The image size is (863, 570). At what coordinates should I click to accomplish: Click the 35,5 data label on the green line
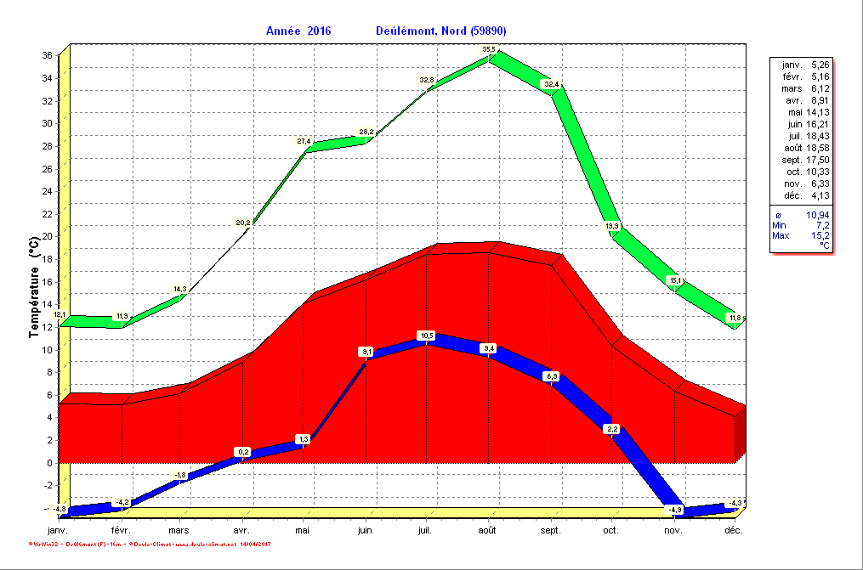(488, 50)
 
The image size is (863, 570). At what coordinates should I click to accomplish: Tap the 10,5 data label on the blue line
(427, 336)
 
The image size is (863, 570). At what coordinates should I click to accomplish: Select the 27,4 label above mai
(304, 141)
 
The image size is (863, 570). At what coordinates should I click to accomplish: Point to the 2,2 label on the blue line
(611, 429)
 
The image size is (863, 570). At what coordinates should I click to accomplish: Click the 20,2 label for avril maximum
(243, 223)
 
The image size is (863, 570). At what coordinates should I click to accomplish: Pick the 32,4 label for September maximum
(551, 84)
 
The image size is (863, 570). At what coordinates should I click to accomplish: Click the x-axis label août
(487, 531)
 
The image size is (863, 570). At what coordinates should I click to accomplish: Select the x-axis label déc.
(734, 531)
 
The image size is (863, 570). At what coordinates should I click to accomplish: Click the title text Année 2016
(298, 31)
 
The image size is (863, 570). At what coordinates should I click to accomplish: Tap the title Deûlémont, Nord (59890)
(440, 31)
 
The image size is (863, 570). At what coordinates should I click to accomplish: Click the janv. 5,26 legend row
(800, 65)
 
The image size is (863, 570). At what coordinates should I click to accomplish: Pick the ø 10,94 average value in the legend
(800, 214)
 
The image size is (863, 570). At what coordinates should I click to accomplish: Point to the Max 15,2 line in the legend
(800, 235)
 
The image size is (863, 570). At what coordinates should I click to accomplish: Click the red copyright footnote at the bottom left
(150, 543)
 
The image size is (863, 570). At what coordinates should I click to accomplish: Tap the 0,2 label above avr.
(243, 451)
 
